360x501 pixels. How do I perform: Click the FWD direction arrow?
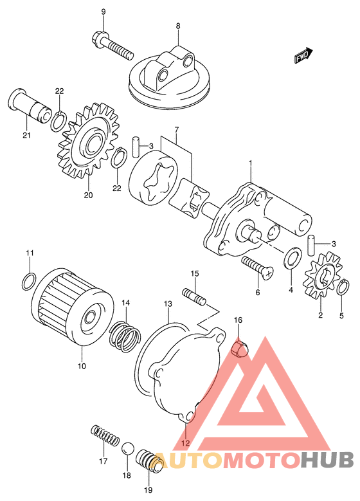[x=303, y=55]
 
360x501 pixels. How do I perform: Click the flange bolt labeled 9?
[x=113, y=46]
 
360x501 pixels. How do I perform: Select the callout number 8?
[x=178, y=26]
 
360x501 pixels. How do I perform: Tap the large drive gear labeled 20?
[x=88, y=141]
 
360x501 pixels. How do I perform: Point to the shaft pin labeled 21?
[x=30, y=107]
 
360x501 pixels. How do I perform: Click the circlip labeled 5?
[x=344, y=287]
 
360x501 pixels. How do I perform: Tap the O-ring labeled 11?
[x=30, y=281]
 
